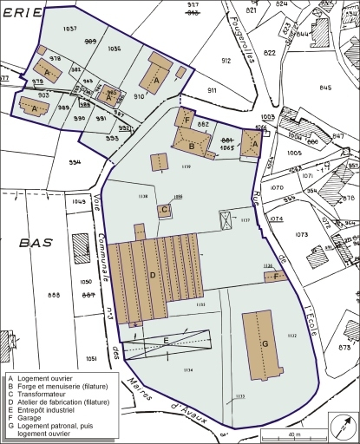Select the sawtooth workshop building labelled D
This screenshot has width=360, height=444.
click(x=154, y=276)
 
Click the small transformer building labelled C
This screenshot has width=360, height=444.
click(x=164, y=209)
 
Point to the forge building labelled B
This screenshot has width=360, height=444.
click(x=192, y=146)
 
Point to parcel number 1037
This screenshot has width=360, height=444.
click(x=71, y=29)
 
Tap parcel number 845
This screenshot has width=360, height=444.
click(x=325, y=87)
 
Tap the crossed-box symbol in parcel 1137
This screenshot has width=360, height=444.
click(x=226, y=220)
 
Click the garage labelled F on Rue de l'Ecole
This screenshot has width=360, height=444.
click(x=275, y=277)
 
